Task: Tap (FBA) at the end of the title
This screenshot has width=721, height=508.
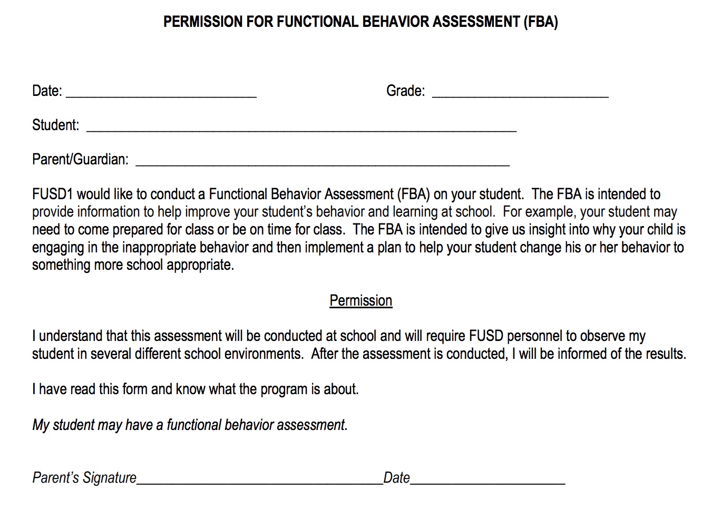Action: click(x=541, y=22)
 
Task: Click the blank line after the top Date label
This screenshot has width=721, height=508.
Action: click(x=161, y=95)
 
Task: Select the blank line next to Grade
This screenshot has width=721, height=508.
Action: click(x=520, y=95)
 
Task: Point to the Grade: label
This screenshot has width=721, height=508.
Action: click(x=405, y=91)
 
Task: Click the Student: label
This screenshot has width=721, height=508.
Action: click(x=55, y=125)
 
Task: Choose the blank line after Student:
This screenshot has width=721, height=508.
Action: click(x=301, y=129)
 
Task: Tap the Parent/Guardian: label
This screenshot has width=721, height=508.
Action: click(x=80, y=159)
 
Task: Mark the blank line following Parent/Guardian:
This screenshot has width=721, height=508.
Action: click(x=323, y=163)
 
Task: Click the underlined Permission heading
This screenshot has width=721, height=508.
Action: click(x=360, y=300)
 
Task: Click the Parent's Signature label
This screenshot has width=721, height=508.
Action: click(x=84, y=477)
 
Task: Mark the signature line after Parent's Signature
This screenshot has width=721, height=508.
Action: click(x=259, y=482)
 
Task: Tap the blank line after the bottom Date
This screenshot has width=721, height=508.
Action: click(x=488, y=482)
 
